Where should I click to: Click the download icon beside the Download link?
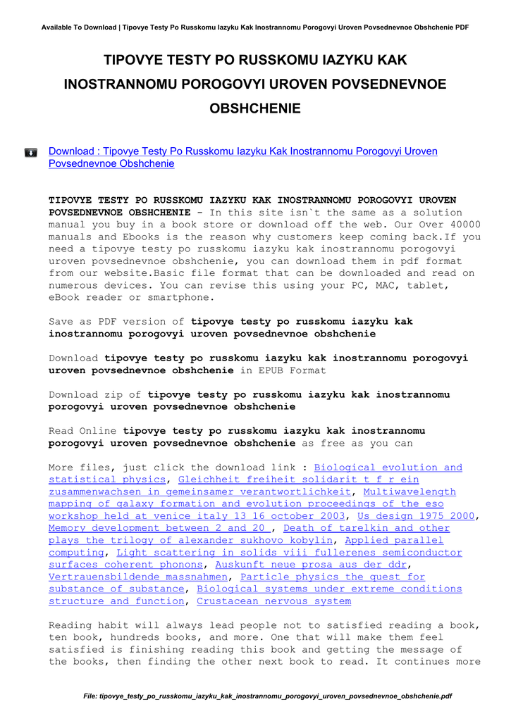coord(31,152)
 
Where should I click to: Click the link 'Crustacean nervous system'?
coord(273,601)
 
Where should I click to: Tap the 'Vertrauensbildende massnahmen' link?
coord(140,577)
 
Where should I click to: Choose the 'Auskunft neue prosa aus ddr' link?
coord(310,565)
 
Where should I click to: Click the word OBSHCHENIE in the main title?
coord(255,108)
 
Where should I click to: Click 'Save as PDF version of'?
coord(116,322)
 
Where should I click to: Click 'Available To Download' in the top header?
coord(79,27)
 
